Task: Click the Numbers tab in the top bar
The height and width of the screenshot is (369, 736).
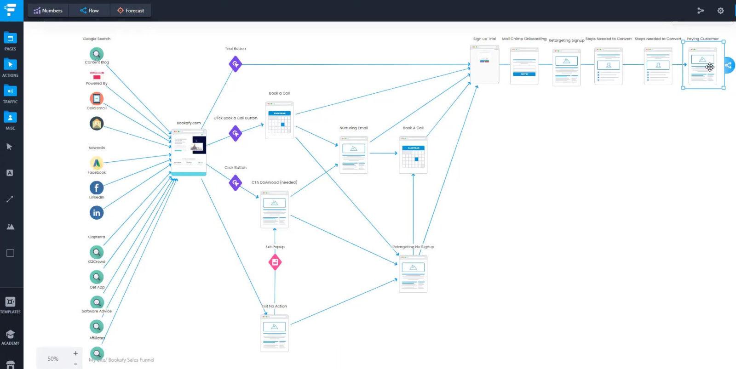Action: click(x=48, y=11)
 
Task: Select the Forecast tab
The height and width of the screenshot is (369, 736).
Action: click(x=131, y=11)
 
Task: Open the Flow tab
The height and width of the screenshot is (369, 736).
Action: click(x=89, y=11)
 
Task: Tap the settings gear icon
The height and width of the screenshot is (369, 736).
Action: click(x=720, y=11)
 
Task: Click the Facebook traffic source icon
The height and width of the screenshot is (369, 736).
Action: click(x=96, y=187)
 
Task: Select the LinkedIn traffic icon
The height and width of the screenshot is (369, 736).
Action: click(x=96, y=212)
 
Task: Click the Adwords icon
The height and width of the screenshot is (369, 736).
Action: click(x=96, y=162)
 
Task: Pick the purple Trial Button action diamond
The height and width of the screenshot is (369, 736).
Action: click(x=235, y=64)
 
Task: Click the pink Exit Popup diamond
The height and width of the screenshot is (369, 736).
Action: click(x=275, y=262)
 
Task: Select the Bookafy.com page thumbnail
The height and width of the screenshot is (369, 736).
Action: click(x=189, y=152)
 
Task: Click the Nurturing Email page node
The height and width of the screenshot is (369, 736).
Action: click(x=353, y=155)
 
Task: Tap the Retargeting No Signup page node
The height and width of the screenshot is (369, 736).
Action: click(x=413, y=274)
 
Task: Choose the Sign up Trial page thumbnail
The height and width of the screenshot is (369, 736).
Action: click(x=484, y=64)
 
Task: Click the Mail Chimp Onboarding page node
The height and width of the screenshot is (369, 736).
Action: click(x=524, y=66)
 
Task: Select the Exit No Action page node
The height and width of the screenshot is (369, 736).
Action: click(x=274, y=333)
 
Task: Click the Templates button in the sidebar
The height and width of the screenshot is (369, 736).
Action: click(x=10, y=305)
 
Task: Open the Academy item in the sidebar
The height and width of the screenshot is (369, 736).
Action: click(x=10, y=337)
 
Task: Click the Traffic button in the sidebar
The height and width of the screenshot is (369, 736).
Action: click(x=10, y=94)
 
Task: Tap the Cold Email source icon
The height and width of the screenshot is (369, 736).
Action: click(x=96, y=98)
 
